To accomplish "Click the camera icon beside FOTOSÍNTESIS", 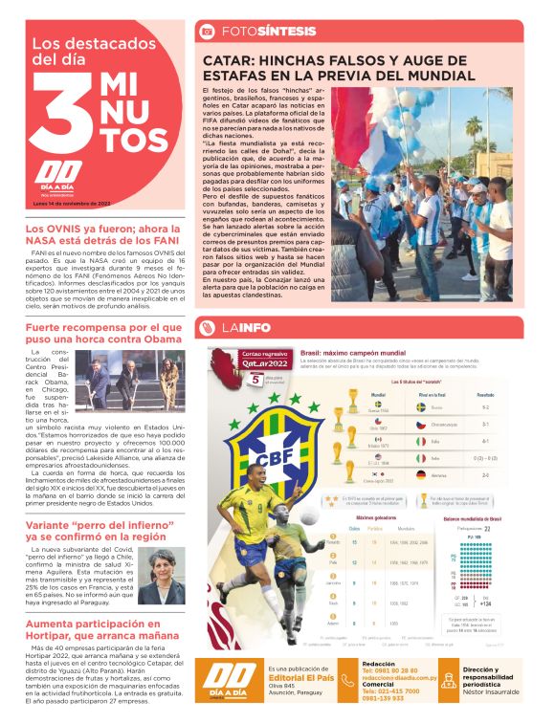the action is click(206, 32).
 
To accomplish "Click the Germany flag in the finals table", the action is click(422, 474).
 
